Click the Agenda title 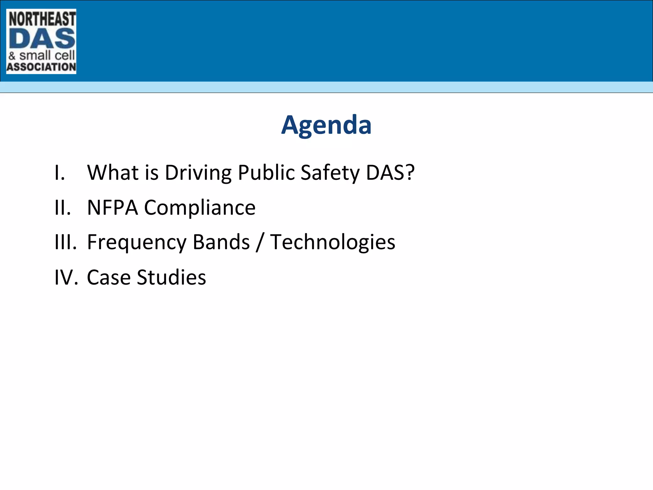326,125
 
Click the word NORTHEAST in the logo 42,19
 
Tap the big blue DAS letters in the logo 42,39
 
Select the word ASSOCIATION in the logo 41,67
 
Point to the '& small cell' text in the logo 41,56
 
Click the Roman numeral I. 60,173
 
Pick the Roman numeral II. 62,208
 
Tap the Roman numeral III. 65,242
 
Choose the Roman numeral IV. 66,277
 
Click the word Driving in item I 198,173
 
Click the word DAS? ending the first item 390,173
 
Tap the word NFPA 112,208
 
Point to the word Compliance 200,208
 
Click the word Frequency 136,242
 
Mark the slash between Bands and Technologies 260,242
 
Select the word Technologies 333,242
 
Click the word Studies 171,277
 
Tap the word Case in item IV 108,277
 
